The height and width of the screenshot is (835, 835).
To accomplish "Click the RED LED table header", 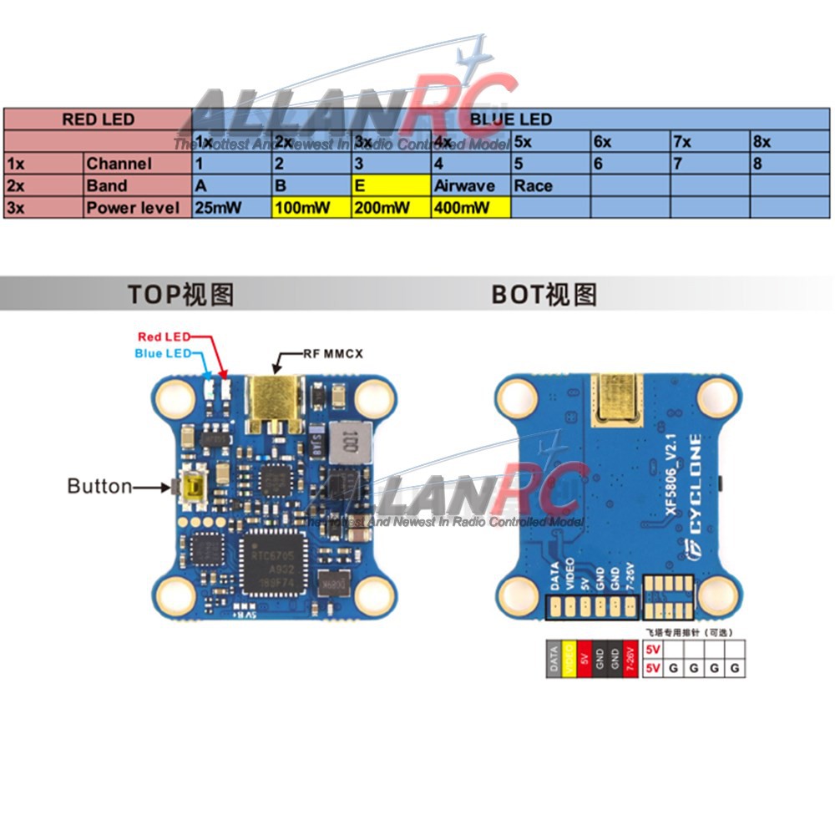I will click(x=98, y=119).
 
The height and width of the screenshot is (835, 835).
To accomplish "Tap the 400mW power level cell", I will click(x=471, y=207).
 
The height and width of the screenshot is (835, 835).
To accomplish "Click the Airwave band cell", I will click(x=471, y=185).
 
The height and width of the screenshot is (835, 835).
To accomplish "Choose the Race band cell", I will click(x=549, y=185).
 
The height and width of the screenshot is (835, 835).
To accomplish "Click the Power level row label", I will click(x=137, y=207).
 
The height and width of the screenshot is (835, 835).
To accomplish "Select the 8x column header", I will click(x=789, y=141).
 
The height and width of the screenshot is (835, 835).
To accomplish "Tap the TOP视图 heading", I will click(x=180, y=294).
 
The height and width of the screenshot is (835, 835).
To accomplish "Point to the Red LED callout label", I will click(x=164, y=337).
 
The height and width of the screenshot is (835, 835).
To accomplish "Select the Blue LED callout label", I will click(x=163, y=353).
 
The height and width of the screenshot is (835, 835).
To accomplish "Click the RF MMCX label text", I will click(x=331, y=354).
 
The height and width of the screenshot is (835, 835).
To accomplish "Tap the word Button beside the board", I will click(x=99, y=486).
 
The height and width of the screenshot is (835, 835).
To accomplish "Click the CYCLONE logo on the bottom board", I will click(x=696, y=493).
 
